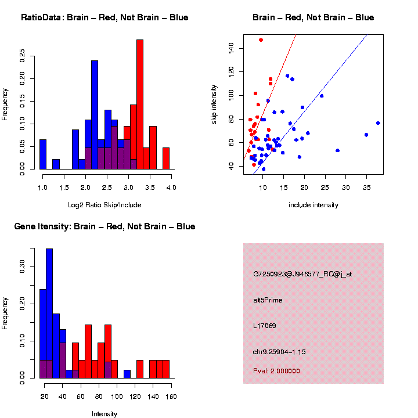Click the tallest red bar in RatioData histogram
pyautogui.click(x=140, y=105)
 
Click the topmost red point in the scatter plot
pyautogui.click(x=261, y=40)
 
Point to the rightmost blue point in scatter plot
pyautogui.click(x=378, y=123)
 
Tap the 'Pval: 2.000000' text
pyautogui.click(x=276, y=370)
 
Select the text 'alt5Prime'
pyautogui.click(x=268, y=300)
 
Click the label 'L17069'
pyautogui.click(x=264, y=326)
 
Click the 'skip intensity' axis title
pyautogui.click(x=214, y=103)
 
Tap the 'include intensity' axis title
pyautogui.click(x=313, y=205)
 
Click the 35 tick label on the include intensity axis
pyautogui.click(x=366, y=188)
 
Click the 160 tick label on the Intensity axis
pyautogui.click(x=171, y=397)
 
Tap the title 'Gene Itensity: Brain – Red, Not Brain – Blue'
pyautogui.click(x=105, y=226)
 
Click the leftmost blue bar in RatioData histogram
pyautogui.click(x=42, y=154)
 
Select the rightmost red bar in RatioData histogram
pyautogui.click(x=166, y=158)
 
